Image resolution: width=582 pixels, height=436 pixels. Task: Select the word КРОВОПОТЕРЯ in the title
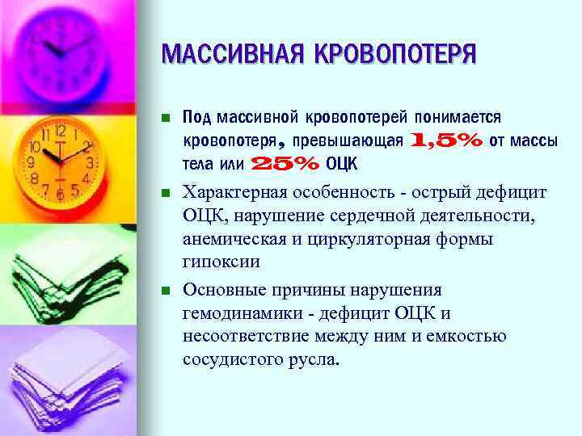[x=387, y=55]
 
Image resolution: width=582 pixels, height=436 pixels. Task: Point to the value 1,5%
[x=448, y=140]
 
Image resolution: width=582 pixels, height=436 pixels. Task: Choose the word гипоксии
[x=221, y=262]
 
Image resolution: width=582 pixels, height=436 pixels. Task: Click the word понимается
[x=458, y=118]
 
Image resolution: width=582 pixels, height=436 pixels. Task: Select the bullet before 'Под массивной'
[x=166, y=119]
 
